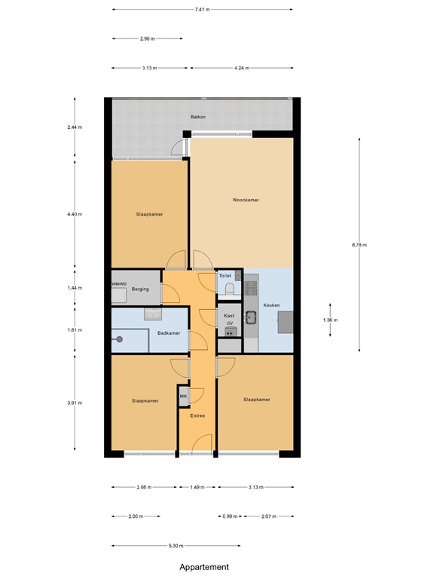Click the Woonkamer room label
tap(246, 200)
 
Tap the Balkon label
tap(198, 117)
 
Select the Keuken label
tap(271, 305)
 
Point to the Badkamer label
tap(169, 333)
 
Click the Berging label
tap(140, 289)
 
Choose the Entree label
tap(197, 415)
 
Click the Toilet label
tap(225, 276)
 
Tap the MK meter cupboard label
tap(183, 396)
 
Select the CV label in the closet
tap(229, 323)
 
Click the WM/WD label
tap(118, 283)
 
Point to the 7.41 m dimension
tap(202, 10)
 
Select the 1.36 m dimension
tap(330, 320)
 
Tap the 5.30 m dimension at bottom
tap(175, 546)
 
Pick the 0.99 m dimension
tap(230, 516)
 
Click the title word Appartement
tap(203, 567)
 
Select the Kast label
tap(229, 315)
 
